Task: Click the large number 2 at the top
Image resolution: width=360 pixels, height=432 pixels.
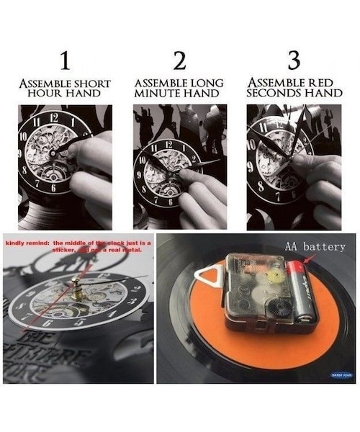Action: click(179, 61)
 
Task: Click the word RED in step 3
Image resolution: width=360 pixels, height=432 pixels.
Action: click(325, 84)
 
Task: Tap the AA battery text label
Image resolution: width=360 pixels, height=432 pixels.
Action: click(315, 247)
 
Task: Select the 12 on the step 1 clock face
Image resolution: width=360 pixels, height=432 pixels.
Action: click(54, 117)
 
